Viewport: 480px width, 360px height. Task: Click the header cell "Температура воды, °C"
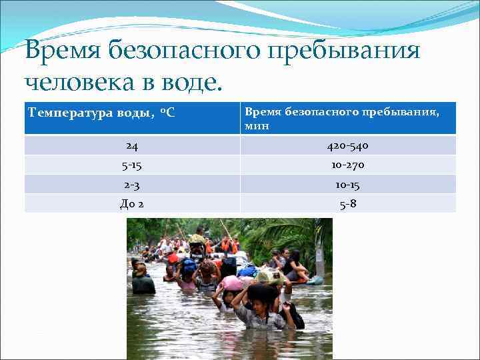coord(101,113)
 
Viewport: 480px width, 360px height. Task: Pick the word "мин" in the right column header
coord(257,125)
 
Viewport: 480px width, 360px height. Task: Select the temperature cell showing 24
coord(132,145)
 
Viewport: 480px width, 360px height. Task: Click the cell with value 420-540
coord(347,145)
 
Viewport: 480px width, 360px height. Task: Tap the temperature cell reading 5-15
coord(132,165)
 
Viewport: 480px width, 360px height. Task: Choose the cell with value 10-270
coord(347,165)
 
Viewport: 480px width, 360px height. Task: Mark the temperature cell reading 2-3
coord(132,184)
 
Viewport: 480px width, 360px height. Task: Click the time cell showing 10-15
coord(347,184)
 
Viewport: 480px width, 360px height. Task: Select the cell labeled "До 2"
coord(132,203)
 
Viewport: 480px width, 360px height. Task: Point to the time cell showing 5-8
coord(347,203)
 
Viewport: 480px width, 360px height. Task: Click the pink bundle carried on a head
coord(233,283)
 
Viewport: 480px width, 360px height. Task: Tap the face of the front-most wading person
coord(259,305)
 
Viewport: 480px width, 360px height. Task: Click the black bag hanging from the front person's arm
coord(296,317)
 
